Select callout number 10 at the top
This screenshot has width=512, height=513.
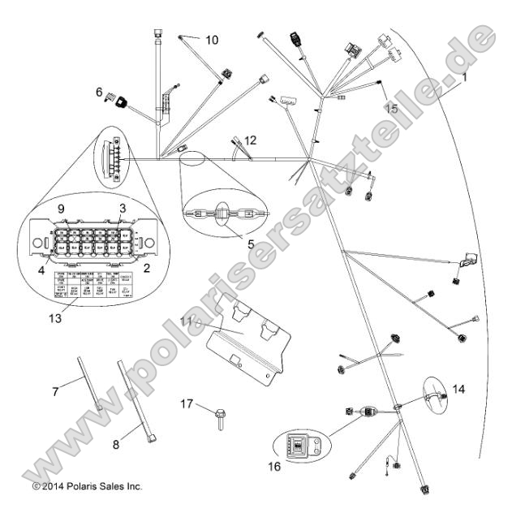click(211, 40)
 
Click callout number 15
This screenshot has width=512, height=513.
click(391, 108)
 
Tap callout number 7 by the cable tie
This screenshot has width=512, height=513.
click(56, 392)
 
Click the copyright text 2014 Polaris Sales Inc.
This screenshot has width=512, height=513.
click(87, 486)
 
